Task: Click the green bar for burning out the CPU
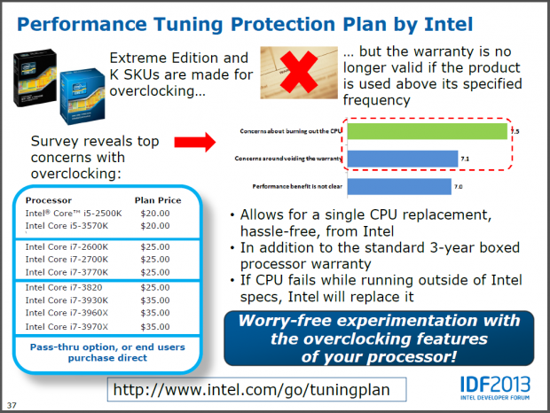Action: coord(427,131)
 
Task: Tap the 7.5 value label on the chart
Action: coord(515,131)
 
